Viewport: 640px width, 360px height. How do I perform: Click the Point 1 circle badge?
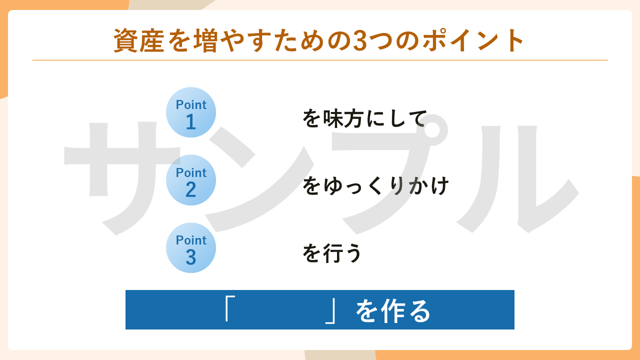click(191, 112)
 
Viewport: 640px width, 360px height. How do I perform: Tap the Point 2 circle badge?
click(191, 180)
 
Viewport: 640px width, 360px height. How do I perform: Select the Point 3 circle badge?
click(191, 247)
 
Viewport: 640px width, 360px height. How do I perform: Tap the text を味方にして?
click(364, 118)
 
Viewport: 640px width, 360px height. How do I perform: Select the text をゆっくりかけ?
click(375, 186)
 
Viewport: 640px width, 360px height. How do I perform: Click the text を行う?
click(332, 253)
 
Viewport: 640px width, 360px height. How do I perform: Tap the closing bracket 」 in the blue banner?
click(330, 311)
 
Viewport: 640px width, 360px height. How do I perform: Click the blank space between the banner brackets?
click(278, 310)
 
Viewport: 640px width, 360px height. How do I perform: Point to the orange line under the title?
click(320, 60)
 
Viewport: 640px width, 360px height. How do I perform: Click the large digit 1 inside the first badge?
click(190, 122)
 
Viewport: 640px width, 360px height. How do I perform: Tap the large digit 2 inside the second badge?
click(190, 190)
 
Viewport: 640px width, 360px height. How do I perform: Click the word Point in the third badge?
click(191, 240)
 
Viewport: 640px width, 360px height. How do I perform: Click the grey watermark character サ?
click(120, 175)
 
